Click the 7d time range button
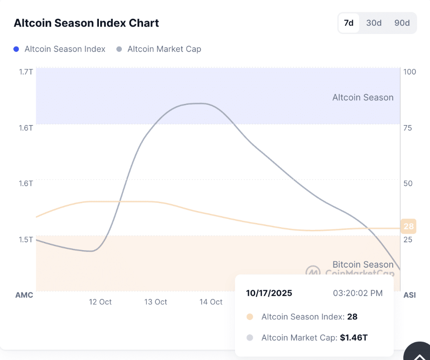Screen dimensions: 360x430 [349, 23]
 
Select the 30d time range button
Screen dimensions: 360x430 [374, 23]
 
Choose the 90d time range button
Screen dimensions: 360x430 [402, 23]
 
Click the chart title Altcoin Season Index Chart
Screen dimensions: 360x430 [86, 23]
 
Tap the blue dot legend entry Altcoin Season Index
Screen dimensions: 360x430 [60, 49]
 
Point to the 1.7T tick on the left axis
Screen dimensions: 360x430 [26, 72]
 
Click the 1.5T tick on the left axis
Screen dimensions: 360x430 [26, 240]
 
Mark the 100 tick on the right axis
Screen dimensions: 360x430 [409, 72]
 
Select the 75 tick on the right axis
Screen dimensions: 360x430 [407, 128]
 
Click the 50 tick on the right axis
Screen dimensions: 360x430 [407, 183]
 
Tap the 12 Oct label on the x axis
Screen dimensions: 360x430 [100, 302]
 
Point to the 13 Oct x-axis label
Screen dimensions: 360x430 [155, 302]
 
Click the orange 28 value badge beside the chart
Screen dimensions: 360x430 [408, 226]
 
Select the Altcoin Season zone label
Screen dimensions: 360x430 [363, 97]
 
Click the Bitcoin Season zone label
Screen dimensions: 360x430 [363, 264]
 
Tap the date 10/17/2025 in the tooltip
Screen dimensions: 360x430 [269, 293]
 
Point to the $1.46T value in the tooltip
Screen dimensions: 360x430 [354, 337]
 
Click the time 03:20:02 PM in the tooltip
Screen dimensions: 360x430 [357, 293]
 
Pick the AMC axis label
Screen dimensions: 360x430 [24, 295]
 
